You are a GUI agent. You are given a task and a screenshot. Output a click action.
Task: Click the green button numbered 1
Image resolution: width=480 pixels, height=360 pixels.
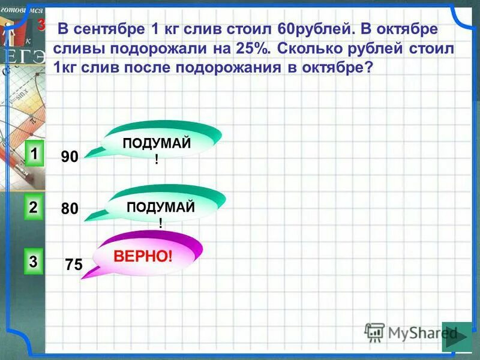tap(34, 154)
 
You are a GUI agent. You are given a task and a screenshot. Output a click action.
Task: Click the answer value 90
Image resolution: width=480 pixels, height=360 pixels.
tap(70, 157)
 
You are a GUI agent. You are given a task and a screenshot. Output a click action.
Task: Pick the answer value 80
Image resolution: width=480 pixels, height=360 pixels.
tap(70, 209)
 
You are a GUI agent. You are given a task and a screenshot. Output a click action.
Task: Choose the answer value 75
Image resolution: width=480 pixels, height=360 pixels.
tap(74, 264)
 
